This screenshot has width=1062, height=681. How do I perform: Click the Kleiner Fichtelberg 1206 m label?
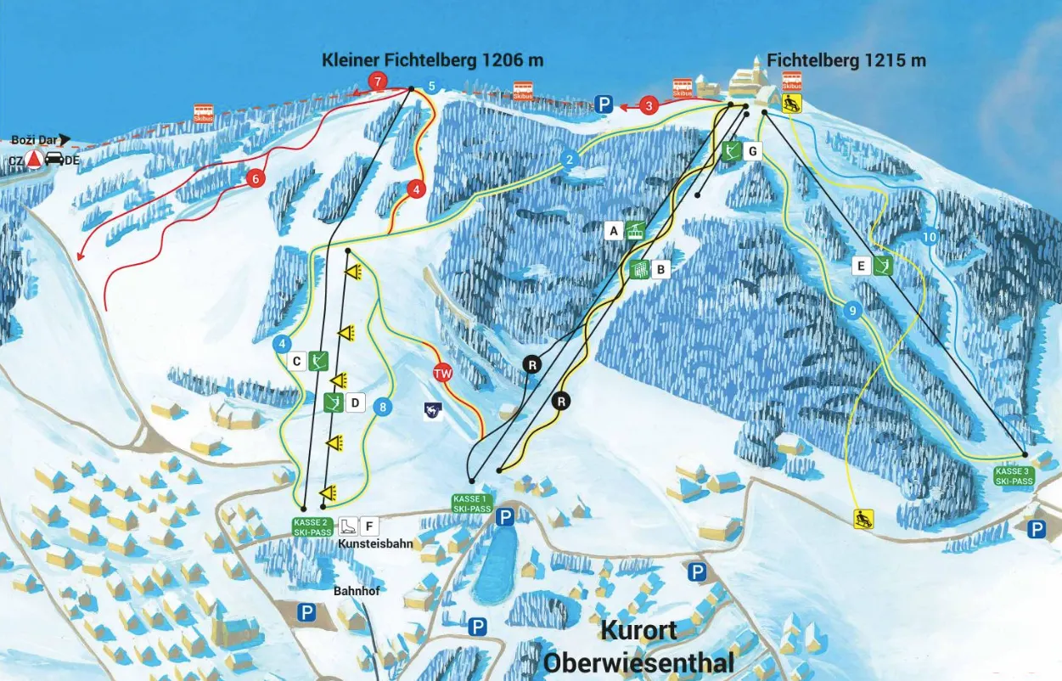pyautogui.click(x=432, y=60)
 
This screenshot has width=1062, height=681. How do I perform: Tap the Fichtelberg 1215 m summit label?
pyautogui.click(x=846, y=60)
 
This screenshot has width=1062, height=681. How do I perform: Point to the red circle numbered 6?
pyautogui.click(x=254, y=178)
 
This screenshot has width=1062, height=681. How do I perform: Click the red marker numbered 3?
pyautogui.click(x=649, y=106)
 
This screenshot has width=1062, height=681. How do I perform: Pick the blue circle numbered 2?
pyautogui.click(x=570, y=160)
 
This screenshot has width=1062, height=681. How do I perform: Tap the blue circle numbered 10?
pyautogui.click(x=929, y=238)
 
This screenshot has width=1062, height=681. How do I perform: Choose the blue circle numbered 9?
pyautogui.click(x=852, y=311)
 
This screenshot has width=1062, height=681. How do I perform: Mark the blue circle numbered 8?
pyautogui.click(x=384, y=408)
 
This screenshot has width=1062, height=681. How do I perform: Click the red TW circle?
pyautogui.click(x=441, y=373)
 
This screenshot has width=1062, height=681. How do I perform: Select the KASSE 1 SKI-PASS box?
pyautogui.click(x=472, y=504)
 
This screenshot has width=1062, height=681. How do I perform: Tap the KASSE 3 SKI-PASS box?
pyautogui.click(x=1014, y=476)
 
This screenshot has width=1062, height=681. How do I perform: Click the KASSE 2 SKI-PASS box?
pyautogui.click(x=311, y=526)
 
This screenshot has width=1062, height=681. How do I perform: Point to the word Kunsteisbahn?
pyautogui.click(x=375, y=543)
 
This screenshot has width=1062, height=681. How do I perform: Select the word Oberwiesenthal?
pyautogui.click(x=639, y=661)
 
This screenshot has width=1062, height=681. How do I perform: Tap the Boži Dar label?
pyautogui.click(x=35, y=139)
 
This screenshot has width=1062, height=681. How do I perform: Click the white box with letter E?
pyautogui.click(x=861, y=267)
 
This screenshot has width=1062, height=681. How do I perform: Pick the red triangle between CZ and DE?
pyautogui.click(x=33, y=159)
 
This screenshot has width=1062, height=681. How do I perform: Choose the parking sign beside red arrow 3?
pyautogui.click(x=604, y=105)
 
